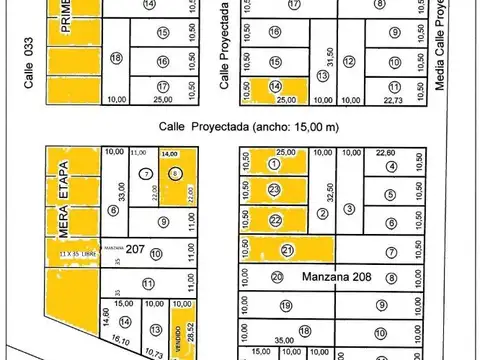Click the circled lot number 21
[x=288, y=250]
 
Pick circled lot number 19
[x=285, y=307]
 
